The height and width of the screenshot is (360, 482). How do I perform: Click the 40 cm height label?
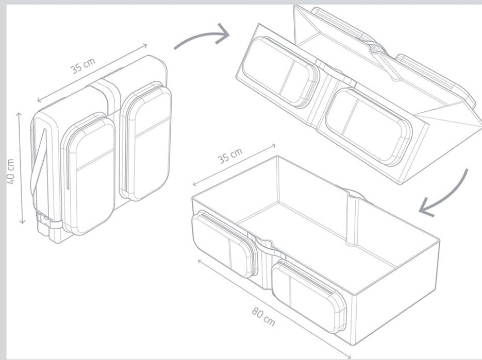pyautogui.click(x=10, y=171)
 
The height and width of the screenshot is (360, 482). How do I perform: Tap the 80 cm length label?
pyautogui.click(x=263, y=317)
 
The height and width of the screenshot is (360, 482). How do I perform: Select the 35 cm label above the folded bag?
pyautogui.click(x=83, y=65)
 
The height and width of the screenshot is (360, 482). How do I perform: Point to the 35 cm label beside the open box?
pyautogui.click(x=230, y=155)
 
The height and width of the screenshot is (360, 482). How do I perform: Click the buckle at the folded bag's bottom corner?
pyautogui.click(x=46, y=222)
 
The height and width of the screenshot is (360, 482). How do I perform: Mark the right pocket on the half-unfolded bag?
pyautogui.click(x=368, y=127)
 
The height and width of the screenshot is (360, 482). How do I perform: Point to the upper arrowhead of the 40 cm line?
pyautogui.click(x=20, y=114)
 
